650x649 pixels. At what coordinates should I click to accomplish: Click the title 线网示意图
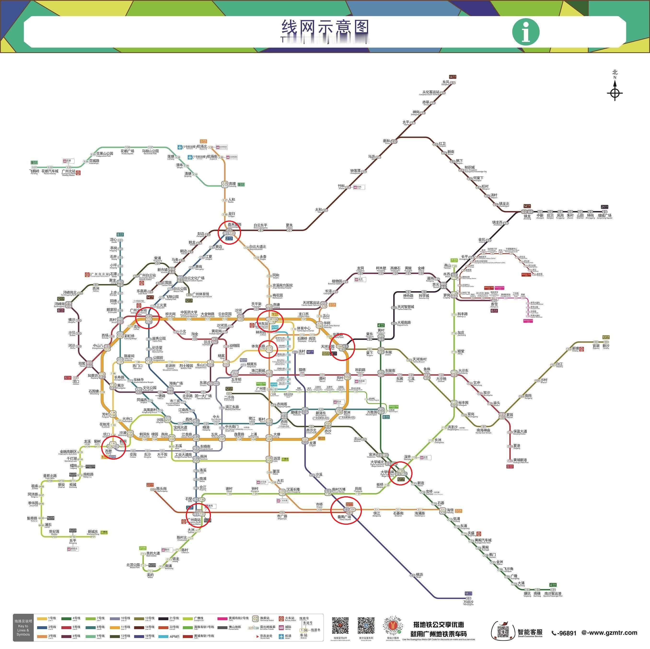[x=325, y=28]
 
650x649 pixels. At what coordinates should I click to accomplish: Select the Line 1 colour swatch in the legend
[x=42, y=618]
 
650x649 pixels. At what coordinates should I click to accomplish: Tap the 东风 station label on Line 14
[x=446, y=82]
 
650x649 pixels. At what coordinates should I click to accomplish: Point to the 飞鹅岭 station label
[x=34, y=171]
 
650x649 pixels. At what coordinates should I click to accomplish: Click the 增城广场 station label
[x=604, y=215]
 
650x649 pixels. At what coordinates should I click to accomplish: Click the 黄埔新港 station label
[x=520, y=460]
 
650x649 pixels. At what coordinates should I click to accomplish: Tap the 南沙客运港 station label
[x=552, y=593]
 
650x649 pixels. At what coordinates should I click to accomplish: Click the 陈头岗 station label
[x=162, y=488]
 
